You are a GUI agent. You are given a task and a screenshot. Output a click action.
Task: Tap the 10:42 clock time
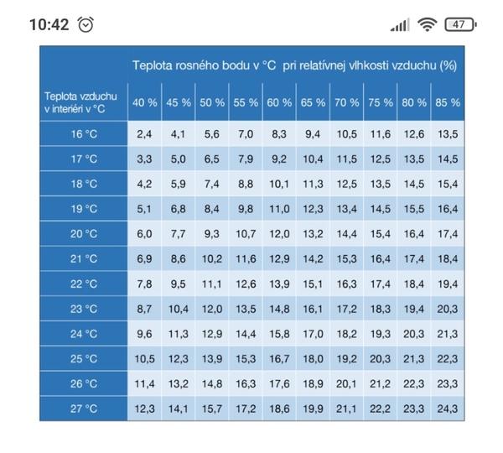pos(49,24)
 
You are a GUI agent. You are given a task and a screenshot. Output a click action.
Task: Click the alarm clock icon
pos(86,24)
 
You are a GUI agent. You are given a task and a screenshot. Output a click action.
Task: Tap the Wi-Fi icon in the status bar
pos(428,24)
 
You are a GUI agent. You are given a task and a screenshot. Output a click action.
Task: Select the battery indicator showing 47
pos(459,24)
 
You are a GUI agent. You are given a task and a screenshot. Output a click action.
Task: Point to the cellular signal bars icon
pos(400,25)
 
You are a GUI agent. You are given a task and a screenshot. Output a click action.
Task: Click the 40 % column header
pos(144,102)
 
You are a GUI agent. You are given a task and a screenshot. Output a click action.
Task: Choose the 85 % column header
pos(448,102)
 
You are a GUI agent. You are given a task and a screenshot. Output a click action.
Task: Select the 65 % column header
pos(313,102)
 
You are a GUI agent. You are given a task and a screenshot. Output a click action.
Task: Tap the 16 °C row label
pos(84,134)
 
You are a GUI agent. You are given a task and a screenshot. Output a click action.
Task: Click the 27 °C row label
pos(84,409)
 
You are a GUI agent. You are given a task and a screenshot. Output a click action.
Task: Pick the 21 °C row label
pos(84,259)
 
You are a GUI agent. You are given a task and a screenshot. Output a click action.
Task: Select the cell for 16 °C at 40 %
pos(144,134)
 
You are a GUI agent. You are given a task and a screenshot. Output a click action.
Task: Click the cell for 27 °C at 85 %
pos(448,409)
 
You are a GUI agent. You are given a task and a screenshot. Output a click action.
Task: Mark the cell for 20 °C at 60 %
pos(278,234)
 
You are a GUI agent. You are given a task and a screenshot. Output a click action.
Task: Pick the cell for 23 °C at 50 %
pos(212,309)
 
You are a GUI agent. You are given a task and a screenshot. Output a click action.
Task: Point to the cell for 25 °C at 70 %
pos(346,359)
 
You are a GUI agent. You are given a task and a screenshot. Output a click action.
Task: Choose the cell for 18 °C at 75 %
pos(381,184)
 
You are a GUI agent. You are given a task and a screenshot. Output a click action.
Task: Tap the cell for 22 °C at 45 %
pos(178,284)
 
